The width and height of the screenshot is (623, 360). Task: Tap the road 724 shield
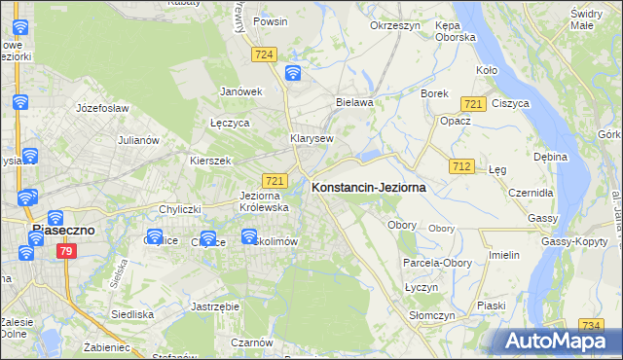(x=264, y=56)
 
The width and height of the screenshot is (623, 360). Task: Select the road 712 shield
(x=462, y=167)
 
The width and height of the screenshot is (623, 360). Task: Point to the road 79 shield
(x=66, y=252)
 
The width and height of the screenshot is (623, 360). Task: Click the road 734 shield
(x=589, y=325)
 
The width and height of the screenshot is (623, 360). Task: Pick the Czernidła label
(x=531, y=193)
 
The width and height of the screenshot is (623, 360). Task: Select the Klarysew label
(x=311, y=139)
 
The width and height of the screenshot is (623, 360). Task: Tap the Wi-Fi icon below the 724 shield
(x=293, y=73)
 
